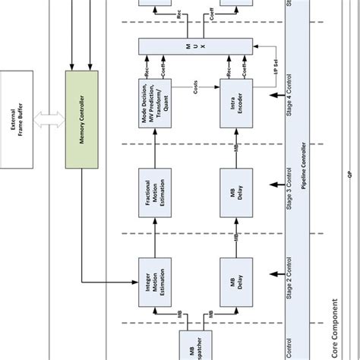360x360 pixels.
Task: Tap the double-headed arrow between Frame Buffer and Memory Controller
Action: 52,118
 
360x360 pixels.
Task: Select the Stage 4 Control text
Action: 289,99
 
